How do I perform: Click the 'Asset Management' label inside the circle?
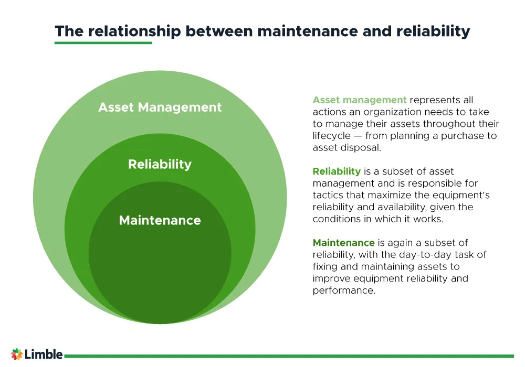point(160,107)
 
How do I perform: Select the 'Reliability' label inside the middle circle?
point(160,165)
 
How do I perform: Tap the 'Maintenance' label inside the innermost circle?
point(160,221)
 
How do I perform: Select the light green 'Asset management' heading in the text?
point(360,100)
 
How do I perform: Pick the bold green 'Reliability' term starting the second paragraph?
point(337,171)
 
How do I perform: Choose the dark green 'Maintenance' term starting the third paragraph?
point(343,243)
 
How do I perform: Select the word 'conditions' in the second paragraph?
point(336,219)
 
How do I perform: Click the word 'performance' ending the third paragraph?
point(344,290)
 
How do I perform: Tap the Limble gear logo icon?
point(17,354)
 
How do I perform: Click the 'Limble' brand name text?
point(44,354)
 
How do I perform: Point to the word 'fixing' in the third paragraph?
point(326,267)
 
